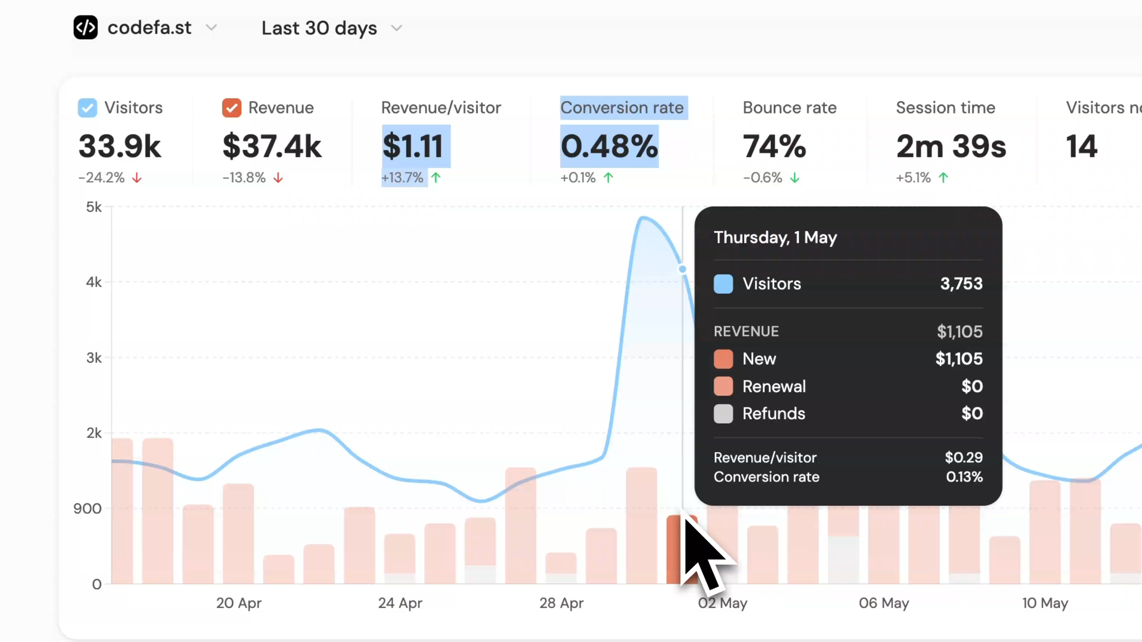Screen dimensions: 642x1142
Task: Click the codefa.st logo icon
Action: tap(86, 27)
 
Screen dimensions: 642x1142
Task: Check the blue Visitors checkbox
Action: tap(87, 108)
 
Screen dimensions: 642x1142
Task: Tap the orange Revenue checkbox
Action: tap(231, 108)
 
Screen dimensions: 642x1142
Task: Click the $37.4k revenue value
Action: tap(272, 146)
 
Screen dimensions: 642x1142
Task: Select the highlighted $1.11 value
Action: tap(413, 146)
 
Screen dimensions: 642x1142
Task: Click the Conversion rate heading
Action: tap(622, 108)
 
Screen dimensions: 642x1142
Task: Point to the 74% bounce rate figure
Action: tap(774, 146)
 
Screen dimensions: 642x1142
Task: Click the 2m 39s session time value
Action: tap(951, 146)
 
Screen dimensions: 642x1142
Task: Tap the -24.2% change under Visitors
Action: tap(102, 178)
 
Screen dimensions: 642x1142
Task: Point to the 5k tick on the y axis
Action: tap(94, 207)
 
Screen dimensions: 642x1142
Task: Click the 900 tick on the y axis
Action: tap(87, 508)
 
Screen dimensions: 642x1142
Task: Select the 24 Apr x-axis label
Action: tap(400, 603)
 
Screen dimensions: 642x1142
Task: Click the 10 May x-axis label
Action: tap(1045, 603)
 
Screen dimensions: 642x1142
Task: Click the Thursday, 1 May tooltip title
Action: tap(775, 237)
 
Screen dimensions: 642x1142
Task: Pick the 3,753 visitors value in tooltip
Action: tap(961, 284)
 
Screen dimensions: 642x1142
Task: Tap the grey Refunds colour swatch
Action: tap(723, 414)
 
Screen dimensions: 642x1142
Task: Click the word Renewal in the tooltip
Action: tap(774, 386)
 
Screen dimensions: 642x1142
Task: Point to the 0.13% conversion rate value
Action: tap(964, 477)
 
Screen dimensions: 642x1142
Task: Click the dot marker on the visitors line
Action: tap(682, 269)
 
